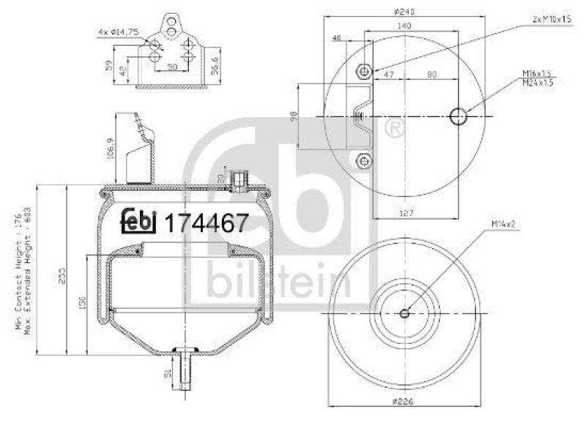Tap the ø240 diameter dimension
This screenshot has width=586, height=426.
[x=404, y=12]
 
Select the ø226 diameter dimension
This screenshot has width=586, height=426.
[x=404, y=402]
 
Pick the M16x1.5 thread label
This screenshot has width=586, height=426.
[x=536, y=72]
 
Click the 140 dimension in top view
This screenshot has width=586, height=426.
[x=404, y=25]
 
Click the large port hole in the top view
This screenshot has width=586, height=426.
[x=458, y=116]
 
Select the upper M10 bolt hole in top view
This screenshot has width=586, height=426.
[x=363, y=71]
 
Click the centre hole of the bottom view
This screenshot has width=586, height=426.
[x=404, y=314]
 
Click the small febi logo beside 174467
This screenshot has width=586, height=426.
[x=139, y=221]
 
